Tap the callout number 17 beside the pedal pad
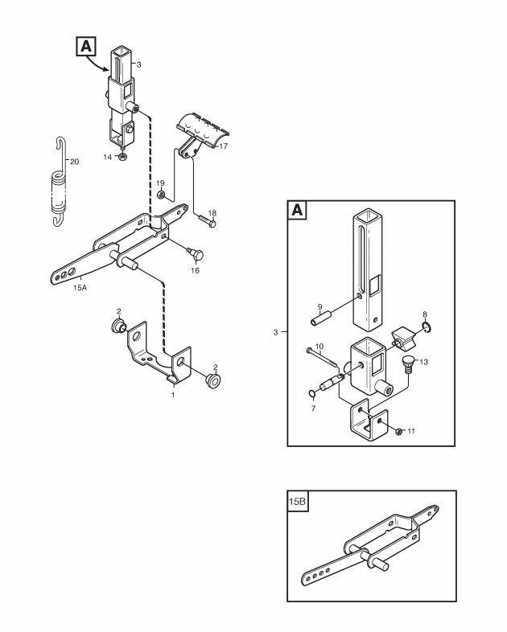(224, 146)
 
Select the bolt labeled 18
(208, 221)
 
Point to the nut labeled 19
(160, 195)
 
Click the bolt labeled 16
(196, 254)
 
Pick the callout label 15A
(80, 288)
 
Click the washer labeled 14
(122, 156)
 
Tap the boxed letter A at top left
(86, 46)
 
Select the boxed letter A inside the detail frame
(297, 210)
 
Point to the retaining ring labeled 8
(427, 327)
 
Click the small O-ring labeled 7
(312, 393)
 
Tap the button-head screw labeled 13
(410, 364)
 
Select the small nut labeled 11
(398, 432)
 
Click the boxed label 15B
(297, 502)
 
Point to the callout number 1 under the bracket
(173, 395)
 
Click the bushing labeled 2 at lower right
(214, 380)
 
